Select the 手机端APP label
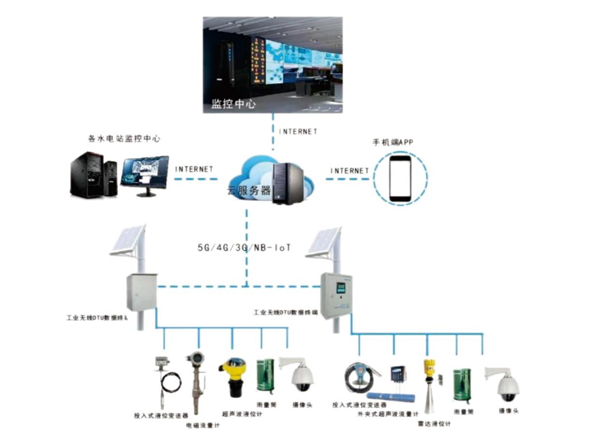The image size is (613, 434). coord(393,142)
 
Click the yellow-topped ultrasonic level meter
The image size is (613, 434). coord(232,378)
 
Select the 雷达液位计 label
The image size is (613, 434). coord(433,423)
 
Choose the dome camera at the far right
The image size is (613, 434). coord(506,384)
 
